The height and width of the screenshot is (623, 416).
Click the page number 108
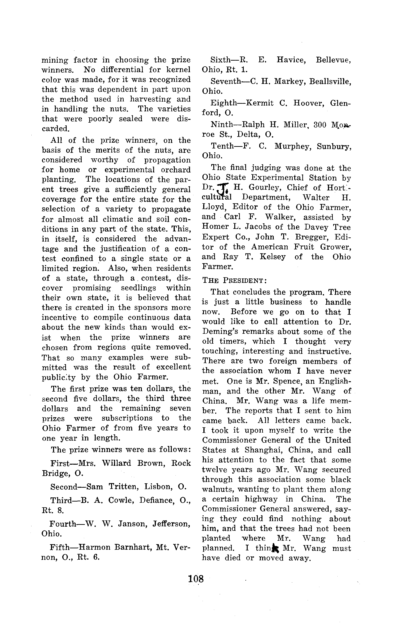pyautogui.click(x=196, y=579)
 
